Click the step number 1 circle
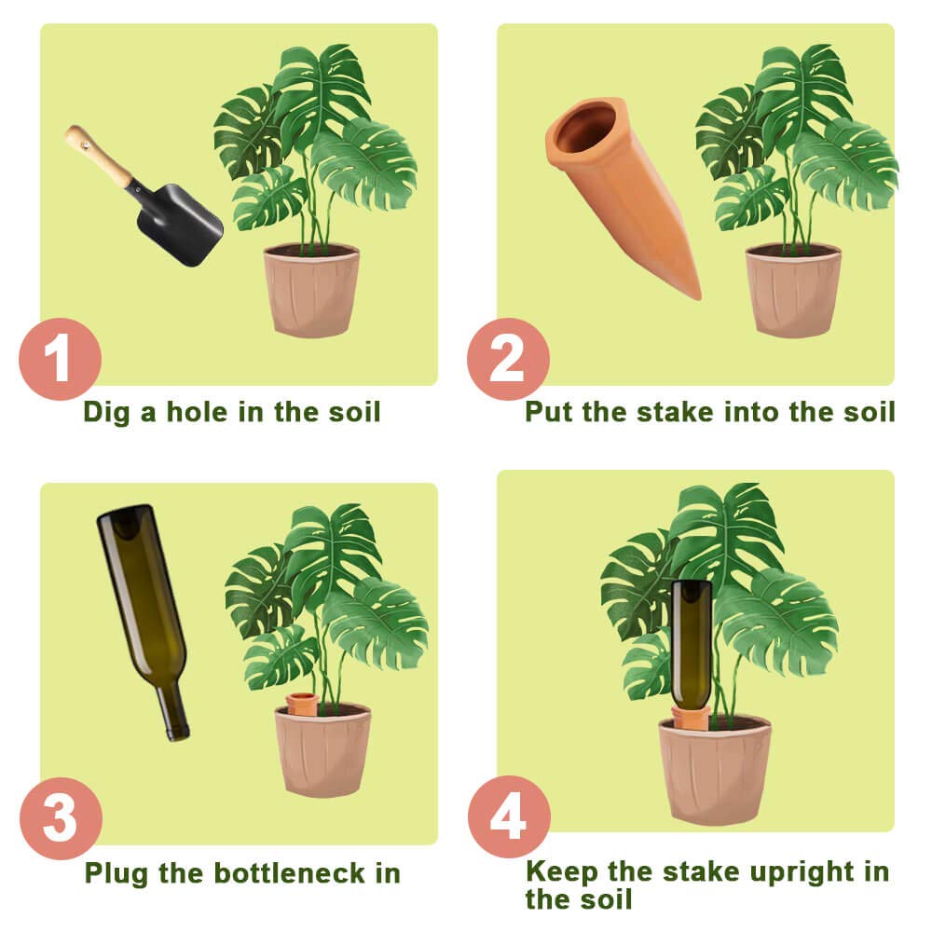(60, 359)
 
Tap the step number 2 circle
(508, 359)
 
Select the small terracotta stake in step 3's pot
(302, 704)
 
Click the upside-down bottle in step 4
(692, 643)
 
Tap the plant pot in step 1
(311, 290)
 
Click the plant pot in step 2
(793, 290)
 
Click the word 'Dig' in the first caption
(108, 411)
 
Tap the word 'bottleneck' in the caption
(285, 873)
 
